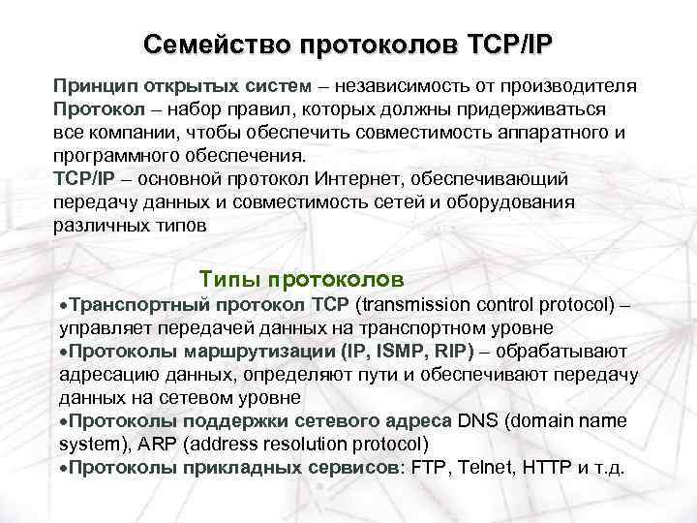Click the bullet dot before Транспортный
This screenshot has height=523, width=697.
pyautogui.click(x=63, y=305)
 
